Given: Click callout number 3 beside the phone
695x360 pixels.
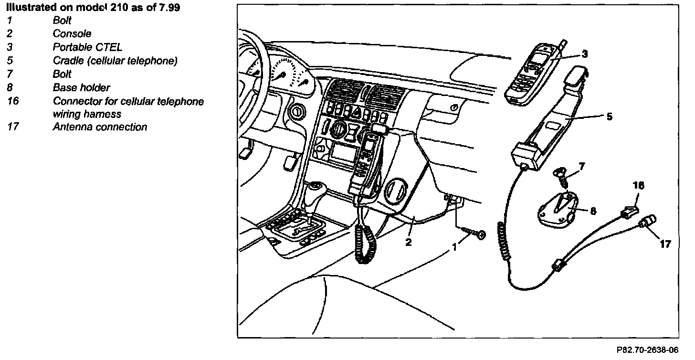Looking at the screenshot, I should (585, 54).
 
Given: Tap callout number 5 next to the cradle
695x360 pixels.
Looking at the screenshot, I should (610, 116).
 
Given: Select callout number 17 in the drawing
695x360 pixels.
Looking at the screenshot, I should (665, 244).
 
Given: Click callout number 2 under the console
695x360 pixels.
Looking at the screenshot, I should (408, 242).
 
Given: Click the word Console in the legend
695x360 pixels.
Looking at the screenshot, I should (72, 34).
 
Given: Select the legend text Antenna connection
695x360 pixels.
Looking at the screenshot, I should (100, 127).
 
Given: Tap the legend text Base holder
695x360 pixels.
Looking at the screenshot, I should (81, 88).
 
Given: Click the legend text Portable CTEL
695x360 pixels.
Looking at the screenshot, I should (87, 47).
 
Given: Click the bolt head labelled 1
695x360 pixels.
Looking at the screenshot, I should (480, 234).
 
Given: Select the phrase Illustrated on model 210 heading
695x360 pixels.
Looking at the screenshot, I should (94, 8).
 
